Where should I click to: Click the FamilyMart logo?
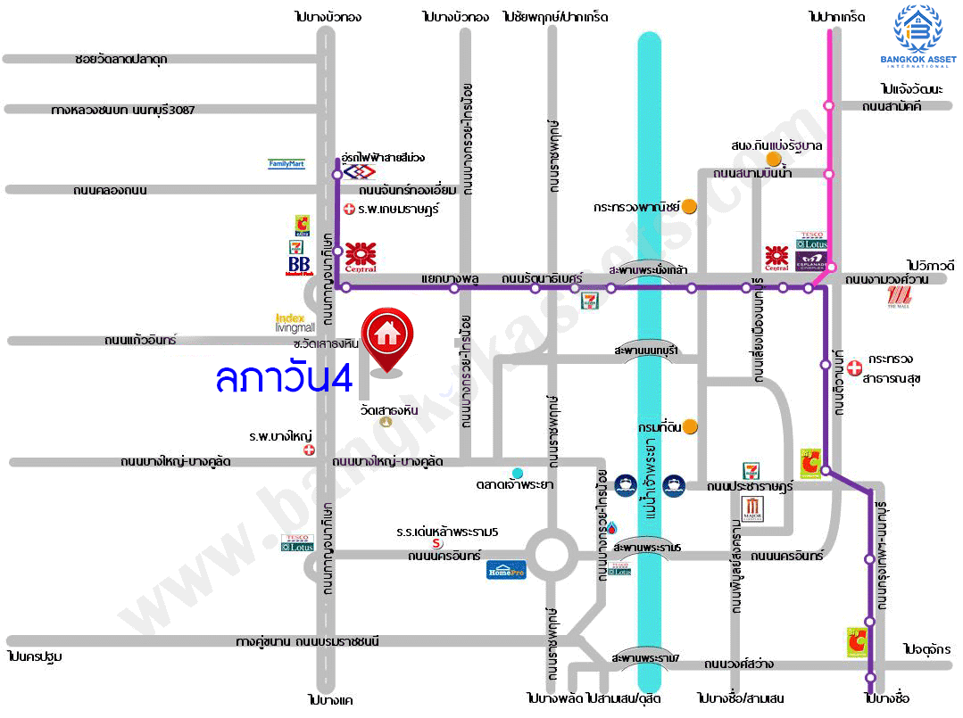[286, 164]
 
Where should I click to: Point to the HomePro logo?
[506, 569]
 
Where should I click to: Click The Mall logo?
[897, 302]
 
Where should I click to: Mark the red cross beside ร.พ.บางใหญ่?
[309, 450]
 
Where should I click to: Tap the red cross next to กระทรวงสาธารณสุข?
[854, 366]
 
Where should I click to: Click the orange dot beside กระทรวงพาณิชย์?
[689, 206]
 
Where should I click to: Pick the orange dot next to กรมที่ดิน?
[690, 426]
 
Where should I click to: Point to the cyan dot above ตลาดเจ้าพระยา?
[517, 472]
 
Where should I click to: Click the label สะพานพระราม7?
[646, 658]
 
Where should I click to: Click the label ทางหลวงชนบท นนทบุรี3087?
[123, 109]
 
